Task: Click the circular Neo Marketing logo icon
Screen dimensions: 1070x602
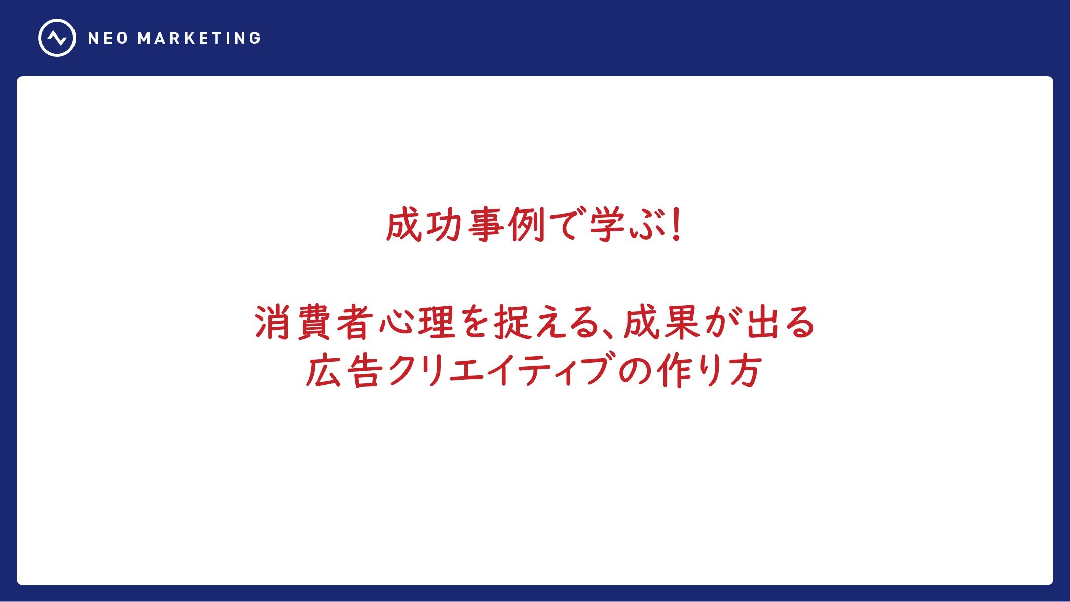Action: tap(57, 38)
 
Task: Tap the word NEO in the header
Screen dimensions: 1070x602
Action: tap(108, 39)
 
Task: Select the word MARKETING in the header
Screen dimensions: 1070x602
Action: tap(199, 39)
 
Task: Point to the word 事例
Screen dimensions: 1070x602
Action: tap(506, 225)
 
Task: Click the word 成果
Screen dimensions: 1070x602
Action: tap(661, 323)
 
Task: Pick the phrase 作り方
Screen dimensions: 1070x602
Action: tap(710, 371)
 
